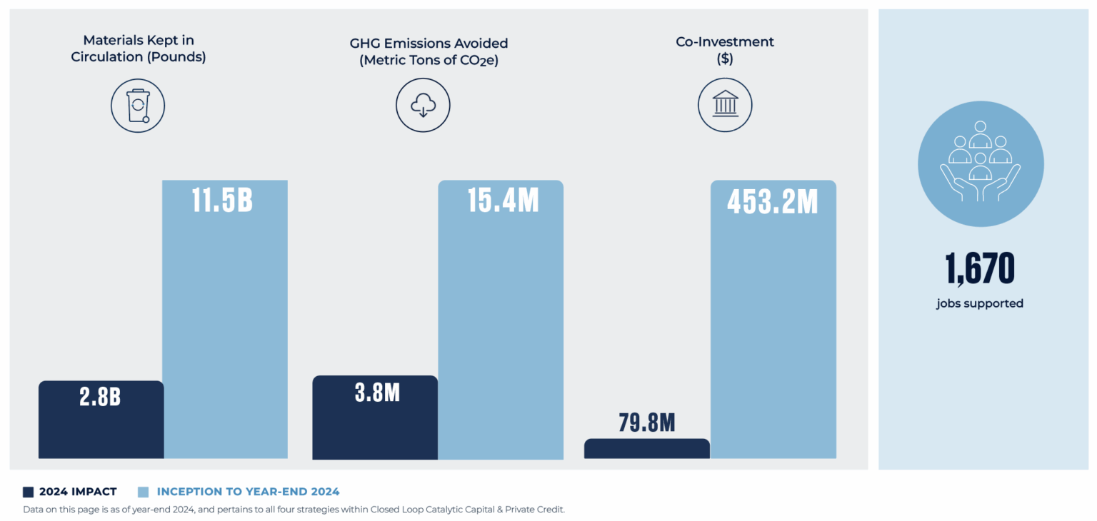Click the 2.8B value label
click(100, 397)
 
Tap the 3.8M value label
click(377, 393)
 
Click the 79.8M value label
click(646, 423)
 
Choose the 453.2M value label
click(772, 202)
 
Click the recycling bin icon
click(138, 106)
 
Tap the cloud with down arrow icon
click(423, 106)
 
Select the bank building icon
click(725, 106)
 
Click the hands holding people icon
click(980, 163)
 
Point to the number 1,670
click(980, 269)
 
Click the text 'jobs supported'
click(980, 303)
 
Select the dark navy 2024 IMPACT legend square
click(29, 492)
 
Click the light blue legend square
click(143, 492)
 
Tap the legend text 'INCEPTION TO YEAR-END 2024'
click(248, 492)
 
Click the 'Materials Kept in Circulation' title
click(138, 49)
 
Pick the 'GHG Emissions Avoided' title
click(429, 51)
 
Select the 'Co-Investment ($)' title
click(725, 50)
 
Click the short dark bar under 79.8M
click(646, 449)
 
